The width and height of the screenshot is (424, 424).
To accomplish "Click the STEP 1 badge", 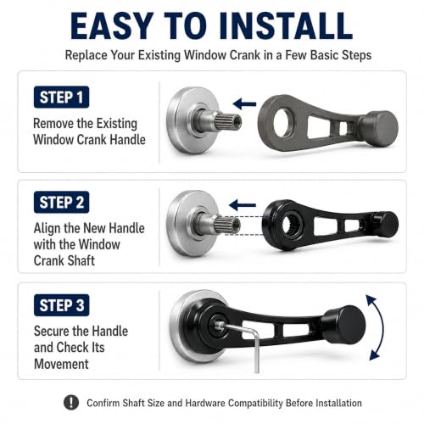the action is (x=61, y=97).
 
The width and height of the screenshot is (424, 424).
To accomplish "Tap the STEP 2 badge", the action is (x=61, y=202).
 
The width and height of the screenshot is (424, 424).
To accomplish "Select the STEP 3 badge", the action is (x=61, y=305).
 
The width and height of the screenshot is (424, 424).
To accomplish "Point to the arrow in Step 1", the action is (x=244, y=104).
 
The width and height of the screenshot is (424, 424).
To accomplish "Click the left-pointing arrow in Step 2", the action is (x=243, y=205).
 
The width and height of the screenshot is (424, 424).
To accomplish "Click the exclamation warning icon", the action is (x=71, y=402).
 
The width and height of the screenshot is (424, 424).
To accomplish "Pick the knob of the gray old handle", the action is (x=380, y=128).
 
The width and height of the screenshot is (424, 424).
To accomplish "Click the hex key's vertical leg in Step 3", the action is (x=257, y=352).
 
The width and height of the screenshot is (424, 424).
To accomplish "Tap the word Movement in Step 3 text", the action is (x=61, y=364).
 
